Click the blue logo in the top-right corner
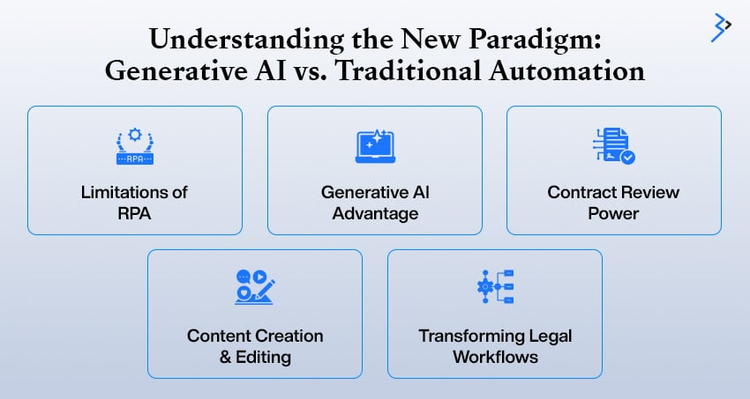click(x=721, y=27)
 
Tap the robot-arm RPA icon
click(x=135, y=146)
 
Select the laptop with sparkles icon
click(x=376, y=146)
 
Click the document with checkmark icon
click(x=614, y=145)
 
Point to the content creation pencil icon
click(x=255, y=287)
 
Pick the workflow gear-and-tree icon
click(x=495, y=286)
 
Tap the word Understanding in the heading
click(x=246, y=40)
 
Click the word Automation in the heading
click(x=566, y=71)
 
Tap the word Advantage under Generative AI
click(x=376, y=213)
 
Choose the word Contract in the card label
click(x=579, y=192)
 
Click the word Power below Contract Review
click(x=614, y=213)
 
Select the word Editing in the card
click(x=263, y=357)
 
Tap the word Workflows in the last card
click(x=496, y=357)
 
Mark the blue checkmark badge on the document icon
click(x=627, y=157)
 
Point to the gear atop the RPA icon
click(x=135, y=135)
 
